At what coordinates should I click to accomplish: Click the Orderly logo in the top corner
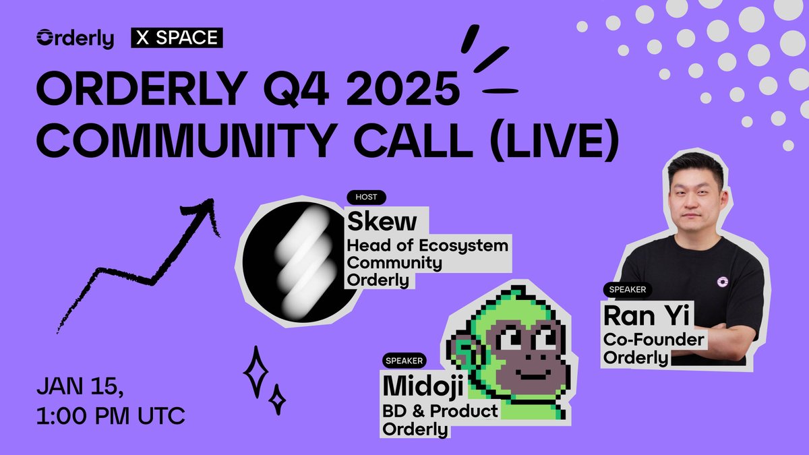click(x=75, y=39)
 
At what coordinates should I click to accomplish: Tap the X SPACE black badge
click(x=177, y=39)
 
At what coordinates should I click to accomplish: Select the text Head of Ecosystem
click(x=427, y=245)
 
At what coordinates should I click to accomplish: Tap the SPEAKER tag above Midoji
click(x=404, y=361)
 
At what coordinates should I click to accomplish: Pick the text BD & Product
click(x=440, y=411)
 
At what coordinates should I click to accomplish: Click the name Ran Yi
click(x=640, y=315)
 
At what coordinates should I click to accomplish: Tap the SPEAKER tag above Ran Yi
click(x=627, y=290)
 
